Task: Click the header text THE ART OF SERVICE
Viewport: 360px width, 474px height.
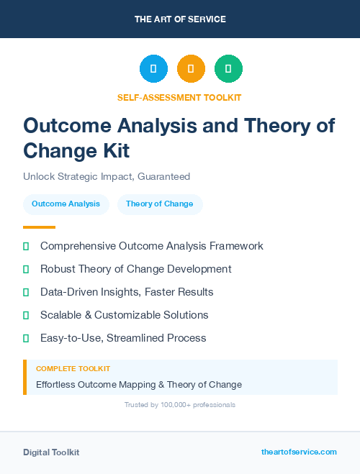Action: click(179, 19)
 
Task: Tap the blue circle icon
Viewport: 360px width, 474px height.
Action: click(153, 68)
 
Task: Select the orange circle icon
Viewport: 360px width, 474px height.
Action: click(191, 68)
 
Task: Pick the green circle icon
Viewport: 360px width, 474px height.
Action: click(228, 68)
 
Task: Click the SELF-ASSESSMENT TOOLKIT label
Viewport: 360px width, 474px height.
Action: click(179, 97)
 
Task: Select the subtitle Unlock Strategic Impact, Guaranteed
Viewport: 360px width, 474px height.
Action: click(107, 176)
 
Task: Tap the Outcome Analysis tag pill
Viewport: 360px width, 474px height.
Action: click(66, 204)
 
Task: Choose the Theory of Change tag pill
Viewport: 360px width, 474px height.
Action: click(160, 204)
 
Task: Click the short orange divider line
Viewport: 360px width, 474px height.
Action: click(39, 227)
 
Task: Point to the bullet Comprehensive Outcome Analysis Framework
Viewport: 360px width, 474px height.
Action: click(152, 246)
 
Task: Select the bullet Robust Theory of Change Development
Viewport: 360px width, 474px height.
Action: click(136, 269)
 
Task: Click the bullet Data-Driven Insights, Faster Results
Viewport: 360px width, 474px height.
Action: click(127, 292)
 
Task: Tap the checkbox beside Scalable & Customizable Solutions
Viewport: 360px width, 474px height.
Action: click(26, 315)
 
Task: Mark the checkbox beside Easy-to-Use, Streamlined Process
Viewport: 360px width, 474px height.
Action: click(26, 338)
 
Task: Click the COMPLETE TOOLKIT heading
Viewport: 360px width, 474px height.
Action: click(73, 368)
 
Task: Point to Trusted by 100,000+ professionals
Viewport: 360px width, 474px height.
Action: click(179, 405)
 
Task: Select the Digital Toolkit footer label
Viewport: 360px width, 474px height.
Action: click(51, 452)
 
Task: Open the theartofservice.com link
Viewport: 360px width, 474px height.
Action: click(299, 452)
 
